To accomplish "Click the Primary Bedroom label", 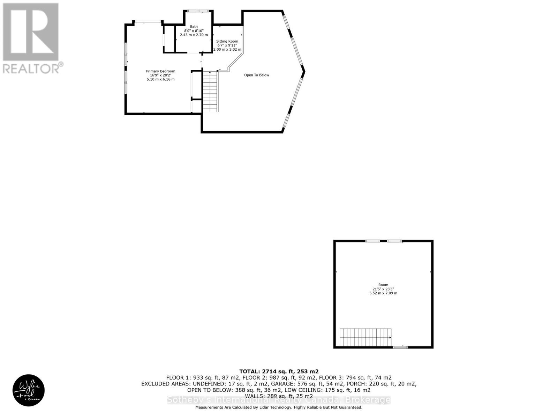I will point(160,71).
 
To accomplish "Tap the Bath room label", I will point(194,27).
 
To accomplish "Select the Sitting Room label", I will point(227,41).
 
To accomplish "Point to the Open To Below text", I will point(256,75).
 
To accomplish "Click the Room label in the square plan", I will point(383,285).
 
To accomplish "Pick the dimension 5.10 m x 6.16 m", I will point(160,80).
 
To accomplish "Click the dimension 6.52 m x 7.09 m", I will point(383,293).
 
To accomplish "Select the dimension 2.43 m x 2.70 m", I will point(194,35).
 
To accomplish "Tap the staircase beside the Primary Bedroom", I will point(210,91).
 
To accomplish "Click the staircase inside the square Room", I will point(365,337).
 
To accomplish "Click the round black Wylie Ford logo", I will point(29,391).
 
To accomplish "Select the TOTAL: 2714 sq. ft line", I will point(279,372).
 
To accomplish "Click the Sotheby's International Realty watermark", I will point(279,400).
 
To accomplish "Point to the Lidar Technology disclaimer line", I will point(279,407).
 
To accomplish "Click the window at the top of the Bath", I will point(198,11).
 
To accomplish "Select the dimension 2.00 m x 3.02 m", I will point(227,50).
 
